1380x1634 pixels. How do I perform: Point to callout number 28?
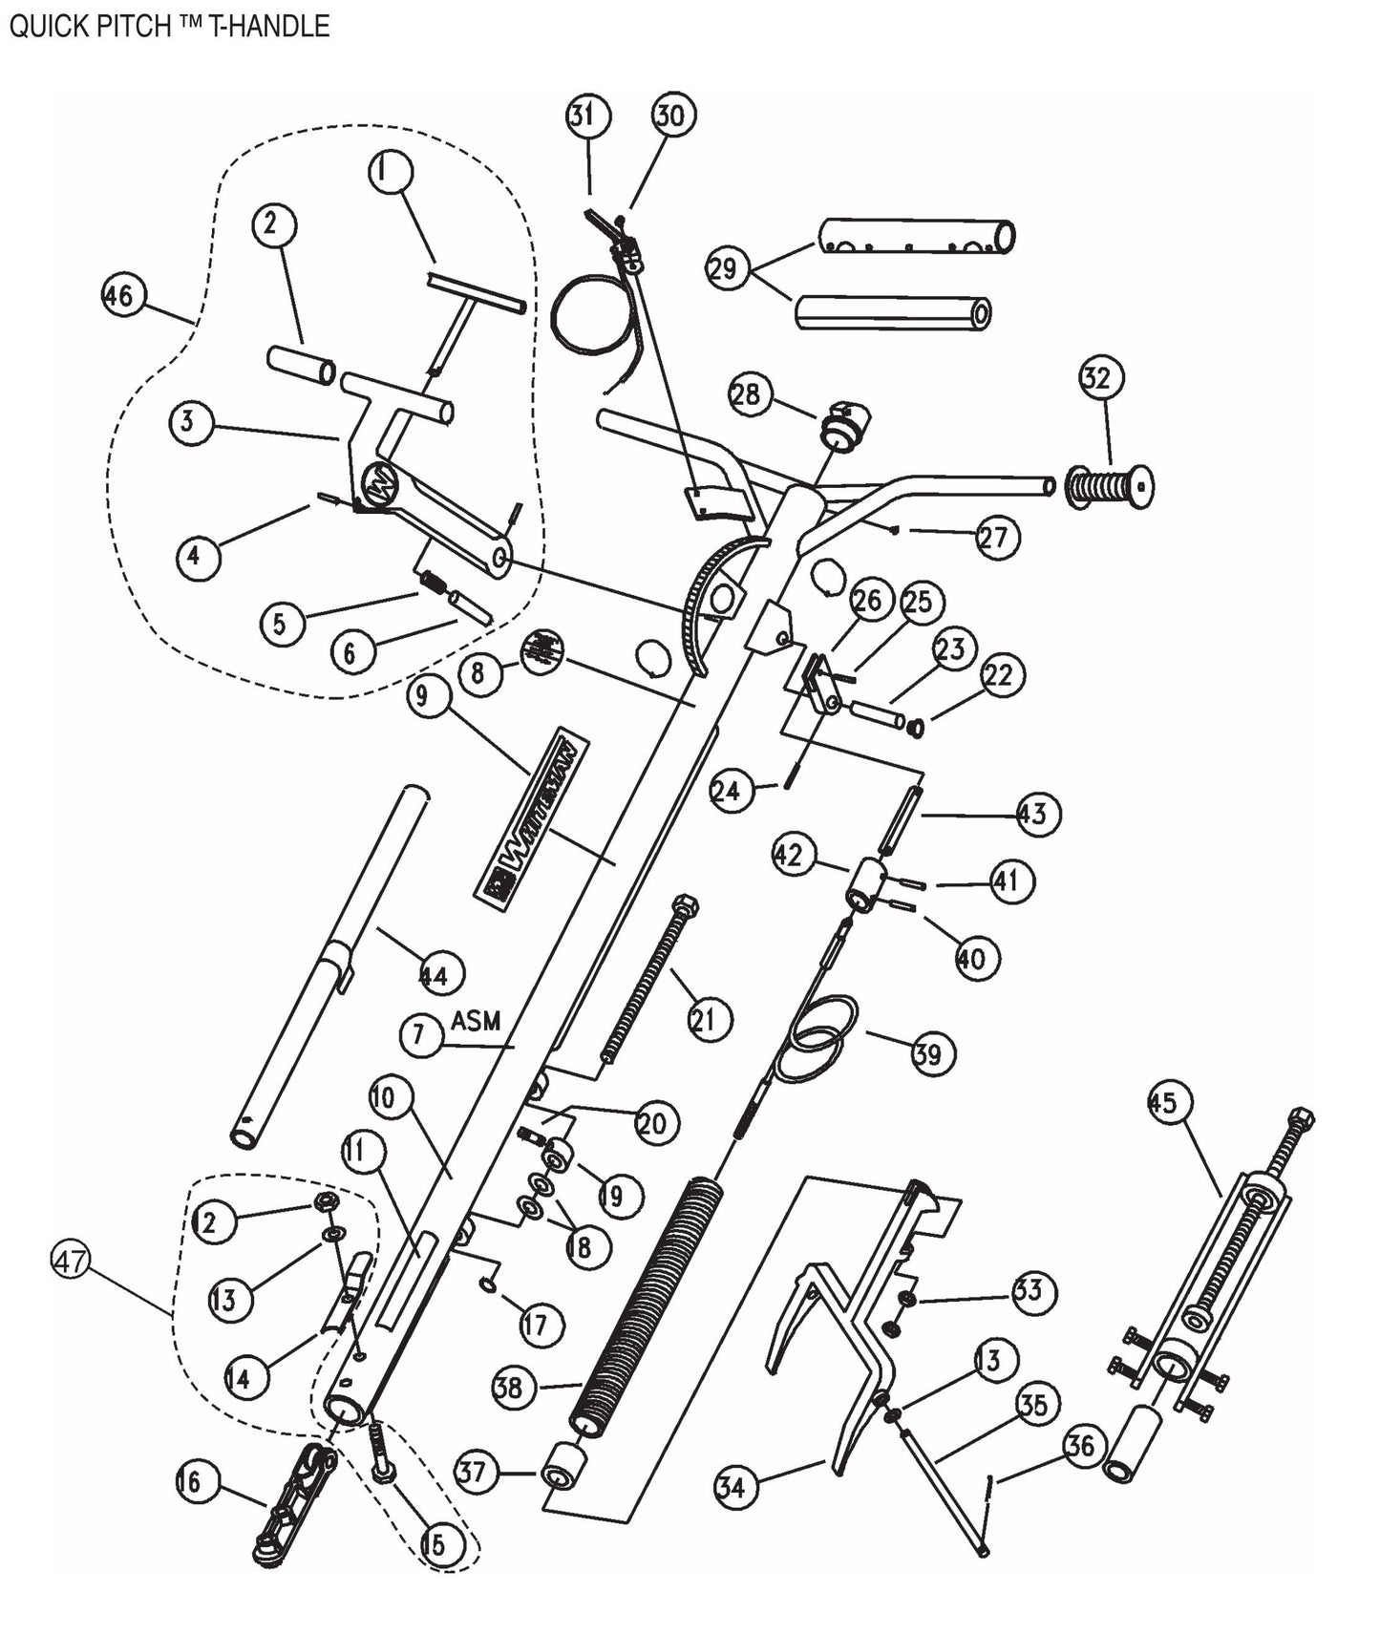click(x=750, y=393)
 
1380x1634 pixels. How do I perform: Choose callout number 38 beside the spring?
click(x=512, y=1386)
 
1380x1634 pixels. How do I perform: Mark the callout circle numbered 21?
click(x=709, y=1020)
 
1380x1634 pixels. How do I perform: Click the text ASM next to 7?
click(x=476, y=1021)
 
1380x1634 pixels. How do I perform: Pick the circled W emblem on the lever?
click(x=379, y=485)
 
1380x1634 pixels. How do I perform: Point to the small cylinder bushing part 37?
click(x=563, y=1468)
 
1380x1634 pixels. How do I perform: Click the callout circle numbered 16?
click(x=190, y=1481)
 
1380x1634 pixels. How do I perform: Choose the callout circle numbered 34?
click(x=735, y=1487)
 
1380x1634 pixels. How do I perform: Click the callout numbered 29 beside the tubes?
click(x=724, y=267)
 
